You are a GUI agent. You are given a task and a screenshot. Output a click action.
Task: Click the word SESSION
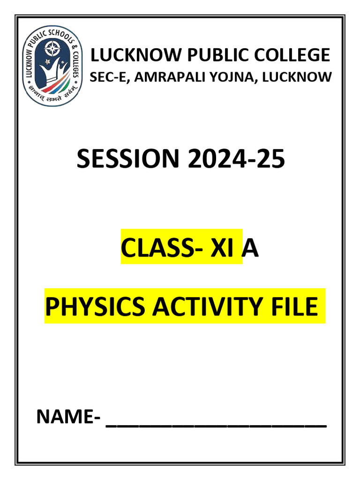pos(127,160)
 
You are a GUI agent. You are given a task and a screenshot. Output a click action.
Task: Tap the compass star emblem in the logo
pos(52,47)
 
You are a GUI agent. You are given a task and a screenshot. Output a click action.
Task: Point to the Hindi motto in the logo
pos(52,90)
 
